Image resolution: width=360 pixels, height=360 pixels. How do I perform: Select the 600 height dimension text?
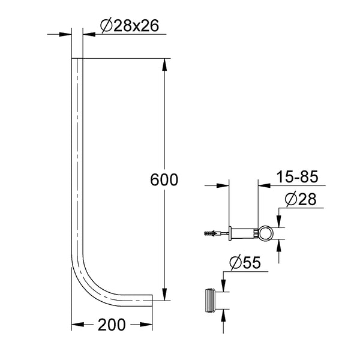(164, 179)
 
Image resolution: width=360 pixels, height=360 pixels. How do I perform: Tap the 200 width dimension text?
(112, 325)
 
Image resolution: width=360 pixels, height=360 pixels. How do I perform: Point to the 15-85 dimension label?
(297, 176)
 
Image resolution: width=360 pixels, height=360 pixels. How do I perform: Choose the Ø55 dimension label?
(245, 262)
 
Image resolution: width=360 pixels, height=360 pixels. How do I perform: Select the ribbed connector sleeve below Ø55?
(211, 301)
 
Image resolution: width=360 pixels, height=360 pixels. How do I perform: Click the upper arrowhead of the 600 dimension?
(164, 65)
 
